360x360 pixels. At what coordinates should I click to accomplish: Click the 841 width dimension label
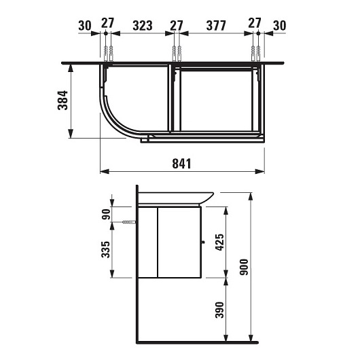(181, 164)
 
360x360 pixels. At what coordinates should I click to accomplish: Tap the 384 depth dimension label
(62, 101)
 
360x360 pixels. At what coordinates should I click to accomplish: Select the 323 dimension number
(143, 26)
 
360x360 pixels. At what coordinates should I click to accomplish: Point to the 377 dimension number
(216, 26)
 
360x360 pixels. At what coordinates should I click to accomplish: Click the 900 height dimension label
(244, 267)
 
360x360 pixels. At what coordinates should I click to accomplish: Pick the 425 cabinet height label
(219, 242)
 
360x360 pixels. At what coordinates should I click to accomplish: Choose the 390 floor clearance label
(219, 310)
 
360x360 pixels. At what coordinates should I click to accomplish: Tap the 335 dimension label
(105, 249)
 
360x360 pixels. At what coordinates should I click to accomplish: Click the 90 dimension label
(106, 214)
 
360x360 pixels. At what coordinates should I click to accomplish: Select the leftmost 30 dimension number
(85, 26)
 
